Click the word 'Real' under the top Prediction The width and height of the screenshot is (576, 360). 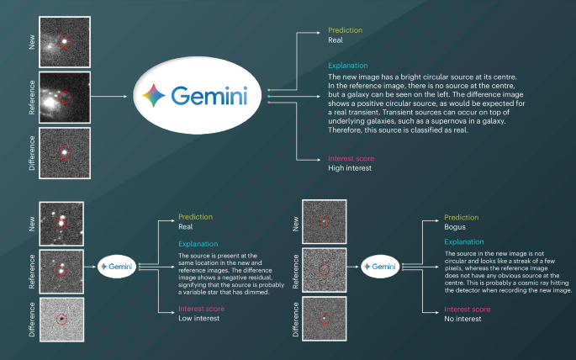pos(336,39)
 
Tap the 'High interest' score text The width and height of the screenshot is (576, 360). pos(350,168)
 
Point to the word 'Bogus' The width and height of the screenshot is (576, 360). pos(455,227)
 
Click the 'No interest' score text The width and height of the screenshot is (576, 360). pos(462,319)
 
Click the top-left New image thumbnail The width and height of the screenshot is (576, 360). pos(64,37)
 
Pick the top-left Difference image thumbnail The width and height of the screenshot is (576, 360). pos(64,151)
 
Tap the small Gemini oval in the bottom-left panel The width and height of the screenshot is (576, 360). pos(118,266)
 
